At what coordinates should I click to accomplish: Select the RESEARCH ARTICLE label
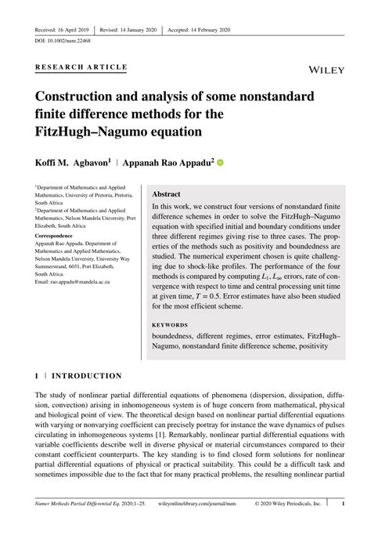coord(81,67)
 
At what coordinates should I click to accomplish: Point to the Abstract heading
coord(167,193)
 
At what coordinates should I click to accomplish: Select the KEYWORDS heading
coord(170,324)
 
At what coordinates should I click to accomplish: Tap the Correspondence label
coord(59,235)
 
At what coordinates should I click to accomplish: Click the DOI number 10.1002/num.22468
coord(69,40)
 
